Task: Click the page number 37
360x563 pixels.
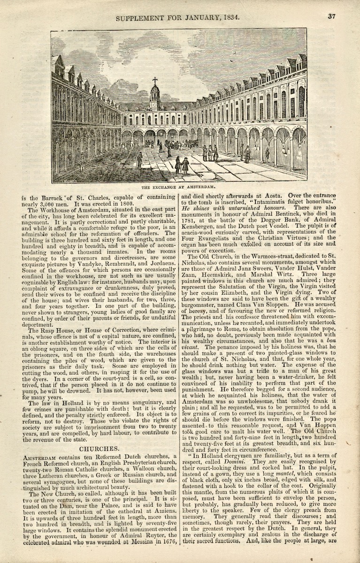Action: point(332,16)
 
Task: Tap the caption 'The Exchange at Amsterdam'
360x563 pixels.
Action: point(180,187)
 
